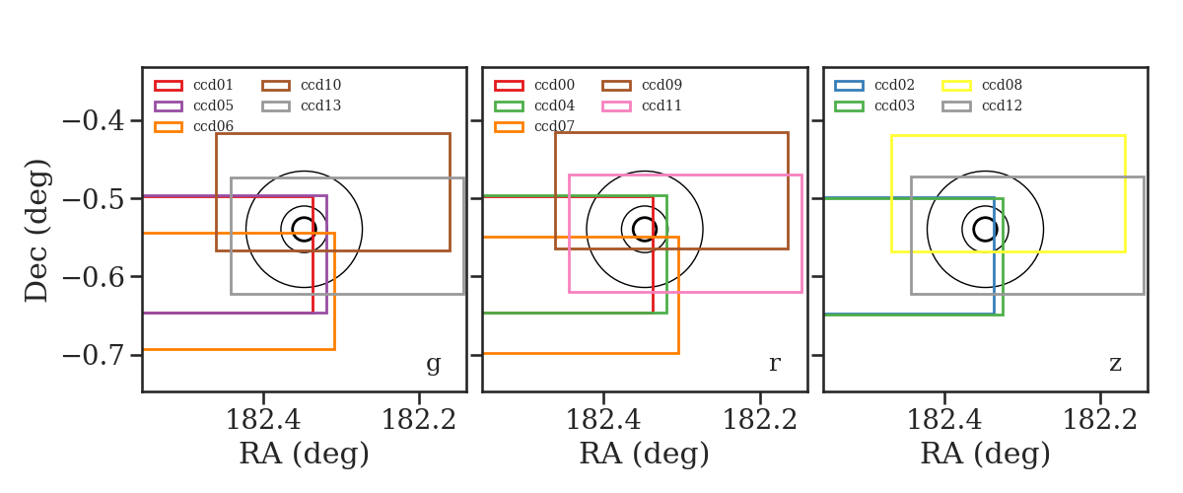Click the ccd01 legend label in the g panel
(213, 85)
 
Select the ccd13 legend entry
(320, 106)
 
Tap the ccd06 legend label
(213, 126)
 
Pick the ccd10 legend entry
(320, 85)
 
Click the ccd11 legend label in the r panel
(661, 106)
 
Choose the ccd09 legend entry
(661, 85)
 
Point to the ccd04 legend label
(554, 106)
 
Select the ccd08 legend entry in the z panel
(1002, 85)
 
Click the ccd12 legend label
(1002, 106)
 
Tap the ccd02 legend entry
(894, 85)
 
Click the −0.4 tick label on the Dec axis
(94, 121)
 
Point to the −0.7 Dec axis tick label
(94, 355)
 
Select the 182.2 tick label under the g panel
(419, 421)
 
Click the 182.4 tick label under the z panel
(944, 421)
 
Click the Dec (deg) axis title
(37, 231)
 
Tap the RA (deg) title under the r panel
(645, 454)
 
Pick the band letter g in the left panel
(433, 364)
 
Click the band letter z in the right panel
(1115, 364)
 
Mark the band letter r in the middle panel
(774, 364)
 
